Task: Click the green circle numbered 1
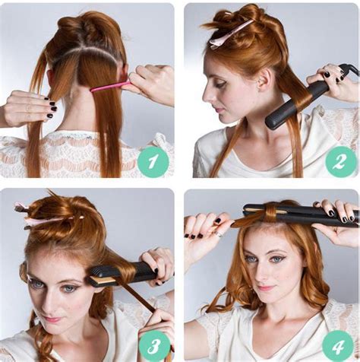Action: point(153,161)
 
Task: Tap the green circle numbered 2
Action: point(340,161)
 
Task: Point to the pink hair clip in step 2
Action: point(229,34)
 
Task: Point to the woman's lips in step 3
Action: point(52,319)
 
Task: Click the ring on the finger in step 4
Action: point(219,234)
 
